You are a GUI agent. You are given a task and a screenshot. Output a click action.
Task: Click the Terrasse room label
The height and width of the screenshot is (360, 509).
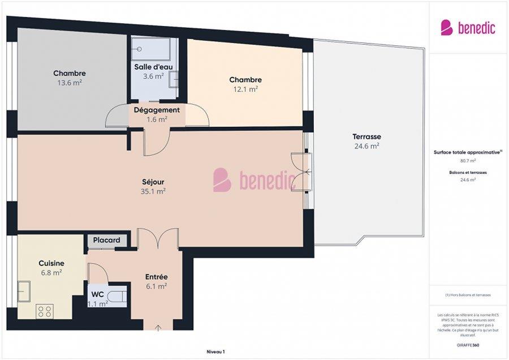point(366,136)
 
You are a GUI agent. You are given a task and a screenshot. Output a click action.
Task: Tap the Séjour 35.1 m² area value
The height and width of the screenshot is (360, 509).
point(153,191)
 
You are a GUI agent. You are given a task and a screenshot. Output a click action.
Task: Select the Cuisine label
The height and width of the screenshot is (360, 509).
point(51,263)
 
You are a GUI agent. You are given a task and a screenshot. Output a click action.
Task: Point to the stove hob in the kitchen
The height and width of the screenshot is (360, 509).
point(45,311)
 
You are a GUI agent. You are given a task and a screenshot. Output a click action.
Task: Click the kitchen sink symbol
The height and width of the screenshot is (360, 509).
point(24,291)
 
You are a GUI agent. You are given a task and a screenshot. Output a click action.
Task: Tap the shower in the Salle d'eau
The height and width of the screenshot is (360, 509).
point(150,49)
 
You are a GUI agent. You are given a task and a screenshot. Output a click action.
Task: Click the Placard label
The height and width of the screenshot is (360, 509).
point(107,240)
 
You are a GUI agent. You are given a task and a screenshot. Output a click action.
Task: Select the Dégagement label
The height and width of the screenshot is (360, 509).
point(157,110)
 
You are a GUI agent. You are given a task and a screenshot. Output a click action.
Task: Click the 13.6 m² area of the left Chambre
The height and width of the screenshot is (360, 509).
point(70,82)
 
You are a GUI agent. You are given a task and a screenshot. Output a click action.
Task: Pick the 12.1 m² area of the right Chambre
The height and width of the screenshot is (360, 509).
point(245,89)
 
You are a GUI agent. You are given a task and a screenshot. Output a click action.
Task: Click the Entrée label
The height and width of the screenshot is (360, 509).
point(156,277)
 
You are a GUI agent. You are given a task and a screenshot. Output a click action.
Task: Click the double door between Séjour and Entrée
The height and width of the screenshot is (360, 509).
point(158,238)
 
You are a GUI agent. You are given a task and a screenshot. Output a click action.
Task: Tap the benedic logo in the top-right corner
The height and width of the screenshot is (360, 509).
point(468,28)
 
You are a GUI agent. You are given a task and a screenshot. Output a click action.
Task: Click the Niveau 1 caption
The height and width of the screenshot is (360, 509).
point(215,352)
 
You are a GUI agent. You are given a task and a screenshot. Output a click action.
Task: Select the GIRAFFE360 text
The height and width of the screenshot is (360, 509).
point(468,345)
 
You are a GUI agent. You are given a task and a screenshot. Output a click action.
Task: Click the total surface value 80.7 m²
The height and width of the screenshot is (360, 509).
point(468,160)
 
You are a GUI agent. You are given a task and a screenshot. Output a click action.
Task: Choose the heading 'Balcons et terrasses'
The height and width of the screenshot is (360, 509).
point(468,172)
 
